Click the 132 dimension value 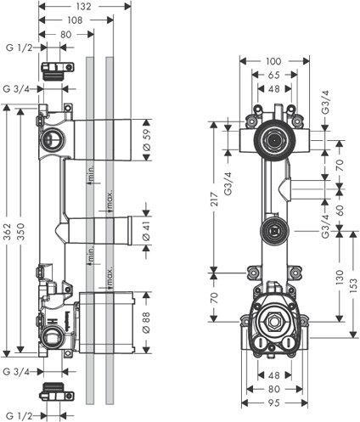click(84, 6)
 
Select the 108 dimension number click(76, 20)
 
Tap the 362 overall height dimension click(8, 232)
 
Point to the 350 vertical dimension click(21, 232)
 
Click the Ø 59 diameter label click(147, 140)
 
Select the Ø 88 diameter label click(147, 323)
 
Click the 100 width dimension click(274, 61)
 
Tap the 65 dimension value click(274, 75)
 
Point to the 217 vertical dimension click(214, 199)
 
